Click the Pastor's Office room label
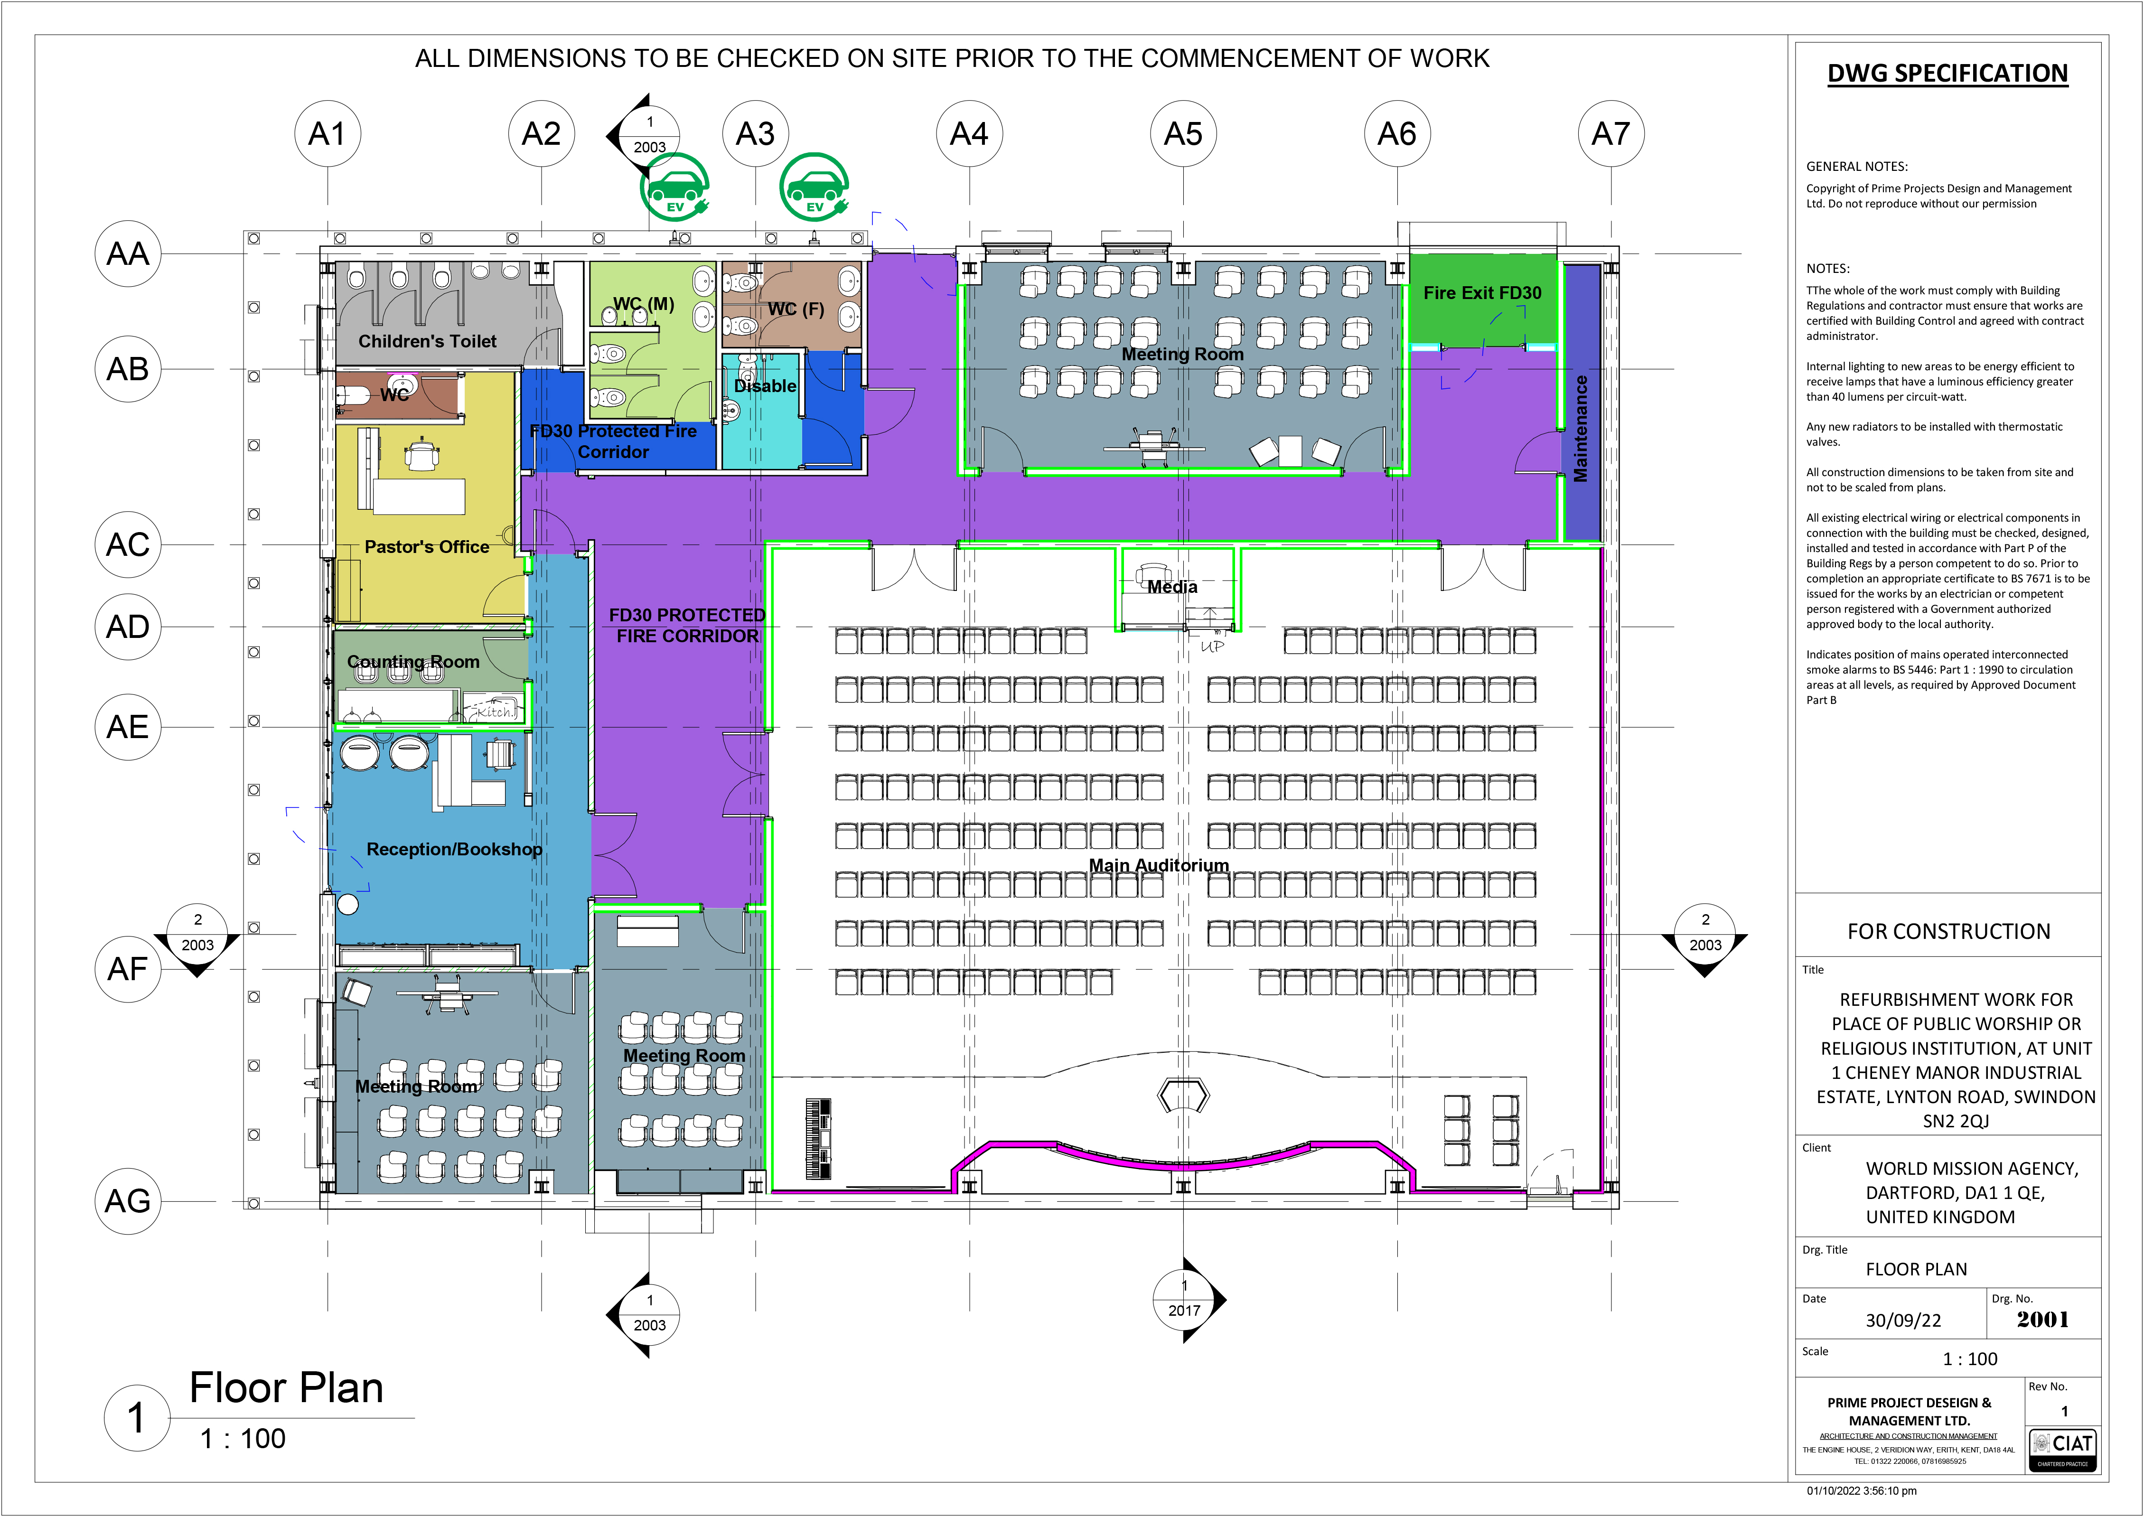427,546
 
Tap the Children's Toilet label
428,341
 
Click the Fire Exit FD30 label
1483,292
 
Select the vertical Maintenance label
1581,429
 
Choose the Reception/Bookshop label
454,849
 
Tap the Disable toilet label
765,386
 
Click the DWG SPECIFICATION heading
1948,74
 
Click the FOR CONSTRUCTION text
1949,931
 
